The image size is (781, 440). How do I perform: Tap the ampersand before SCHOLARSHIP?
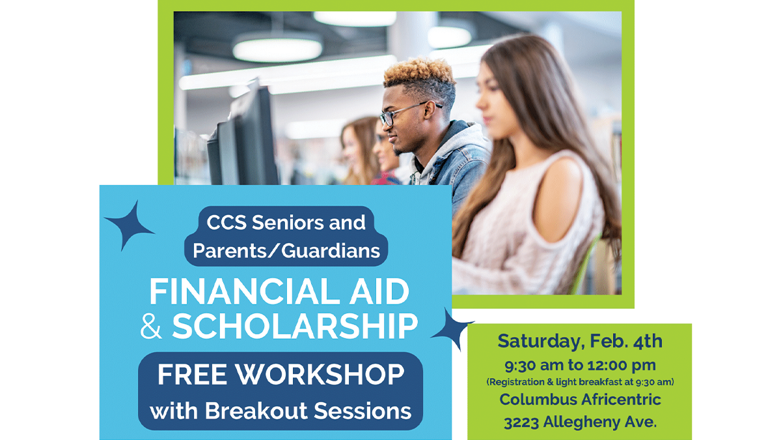coord(151,327)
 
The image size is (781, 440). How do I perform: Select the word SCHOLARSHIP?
coord(295,327)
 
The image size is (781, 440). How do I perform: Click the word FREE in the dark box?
coord(192,375)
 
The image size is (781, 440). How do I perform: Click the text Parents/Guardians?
coord(286,251)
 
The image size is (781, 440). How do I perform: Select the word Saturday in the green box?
coord(539,341)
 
